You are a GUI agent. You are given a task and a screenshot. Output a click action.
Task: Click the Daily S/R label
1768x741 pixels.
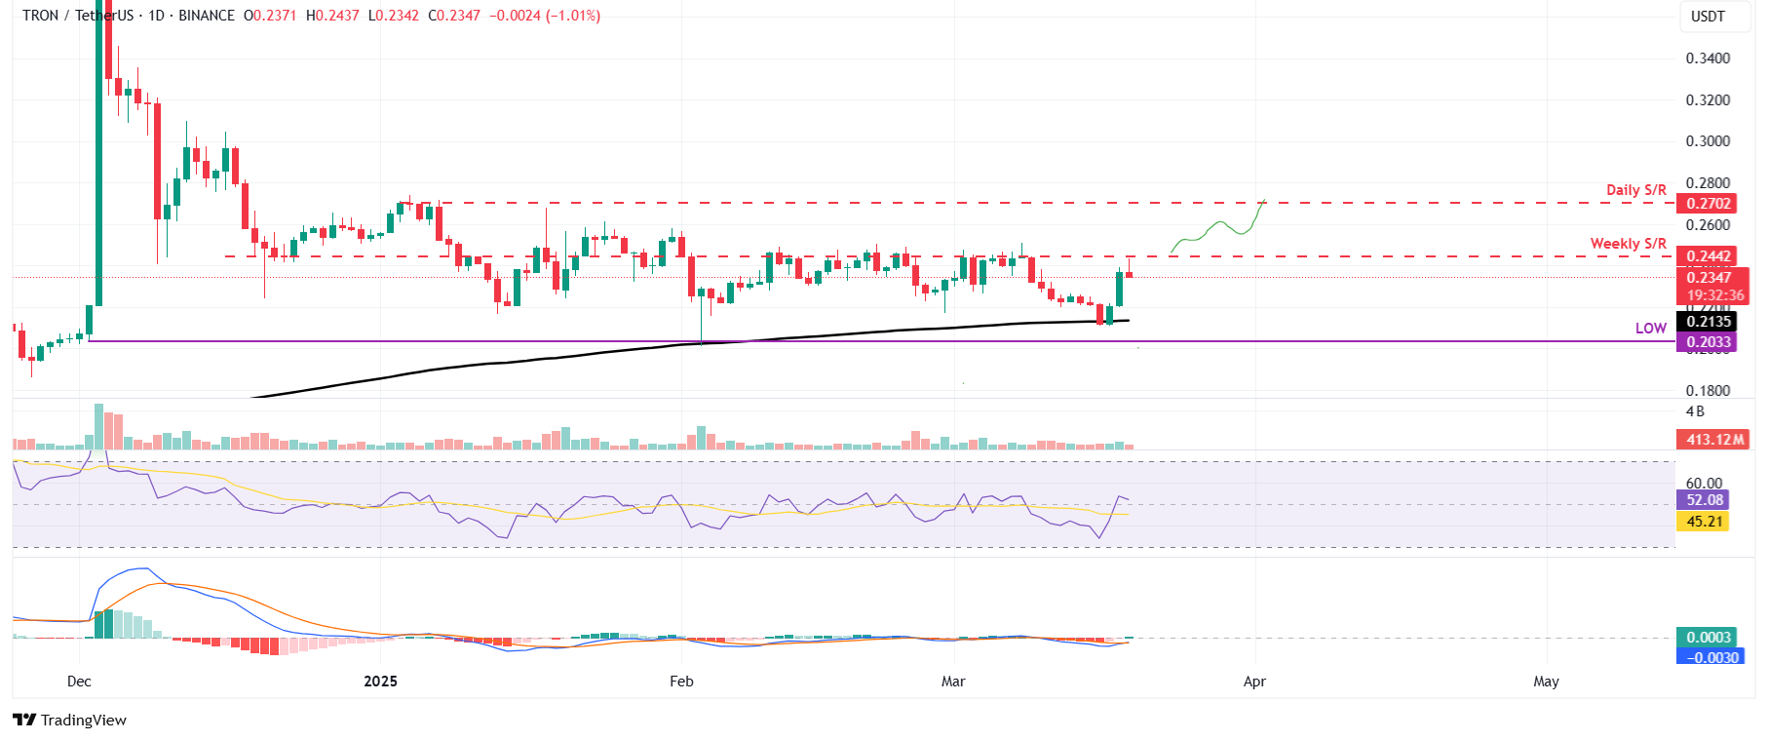pyautogui.click(x=1635, y=190)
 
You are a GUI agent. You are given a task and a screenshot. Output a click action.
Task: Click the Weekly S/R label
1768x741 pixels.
pyautogui.click(x=1628, y=244)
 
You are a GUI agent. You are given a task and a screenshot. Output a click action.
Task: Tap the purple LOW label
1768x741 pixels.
pyautogui.click(x=1650, y=329)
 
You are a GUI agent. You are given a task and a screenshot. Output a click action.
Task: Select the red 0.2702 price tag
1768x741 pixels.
pyautogui.click(x=1709, y=204)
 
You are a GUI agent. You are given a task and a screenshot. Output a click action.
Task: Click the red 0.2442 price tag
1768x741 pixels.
pyautogui.click(x=1709, y=256)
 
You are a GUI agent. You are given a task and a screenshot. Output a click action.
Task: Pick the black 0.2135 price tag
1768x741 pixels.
pyautogui.click(x=1709, y=322)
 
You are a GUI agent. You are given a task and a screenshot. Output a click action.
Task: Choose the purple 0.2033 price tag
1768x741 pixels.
pyautogui.click(x=1709, y=342)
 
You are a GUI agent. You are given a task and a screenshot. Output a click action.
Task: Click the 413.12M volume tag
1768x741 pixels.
pyautogui.click(x=1714, y=440)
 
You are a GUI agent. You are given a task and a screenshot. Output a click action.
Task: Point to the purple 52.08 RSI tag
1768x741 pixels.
pyautogui.click(x=1705, y=500)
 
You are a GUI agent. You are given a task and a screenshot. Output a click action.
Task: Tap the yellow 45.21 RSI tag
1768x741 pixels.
pyautogui.click(x=1705, y=522)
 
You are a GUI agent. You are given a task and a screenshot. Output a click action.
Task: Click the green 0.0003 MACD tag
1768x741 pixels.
pyautogui.click(x=1709, y=638)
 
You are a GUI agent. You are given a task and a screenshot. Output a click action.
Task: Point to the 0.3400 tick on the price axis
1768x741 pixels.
pyautogui.click(x=1708, y=58)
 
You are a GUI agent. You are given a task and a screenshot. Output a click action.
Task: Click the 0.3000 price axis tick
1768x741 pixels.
pyautogui.click(x=1708, y=141)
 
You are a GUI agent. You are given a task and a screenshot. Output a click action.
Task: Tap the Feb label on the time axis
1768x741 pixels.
pyautogui.click(x=681, y=682)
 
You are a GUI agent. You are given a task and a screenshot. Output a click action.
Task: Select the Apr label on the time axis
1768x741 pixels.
pyautogui.click(x=1254, y=682)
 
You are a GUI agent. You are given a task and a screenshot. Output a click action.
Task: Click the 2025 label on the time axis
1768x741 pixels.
pyautogui.click(x=380, y=682)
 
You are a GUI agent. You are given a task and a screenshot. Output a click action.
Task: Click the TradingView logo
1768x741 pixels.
pyautogui.click(x=70, y=721)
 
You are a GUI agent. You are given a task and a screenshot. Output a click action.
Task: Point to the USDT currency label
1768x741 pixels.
pyautogui.click(x=1708, y=17)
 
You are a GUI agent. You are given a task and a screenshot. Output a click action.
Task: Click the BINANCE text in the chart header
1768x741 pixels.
pyautogui.click(x=207, y=16)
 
